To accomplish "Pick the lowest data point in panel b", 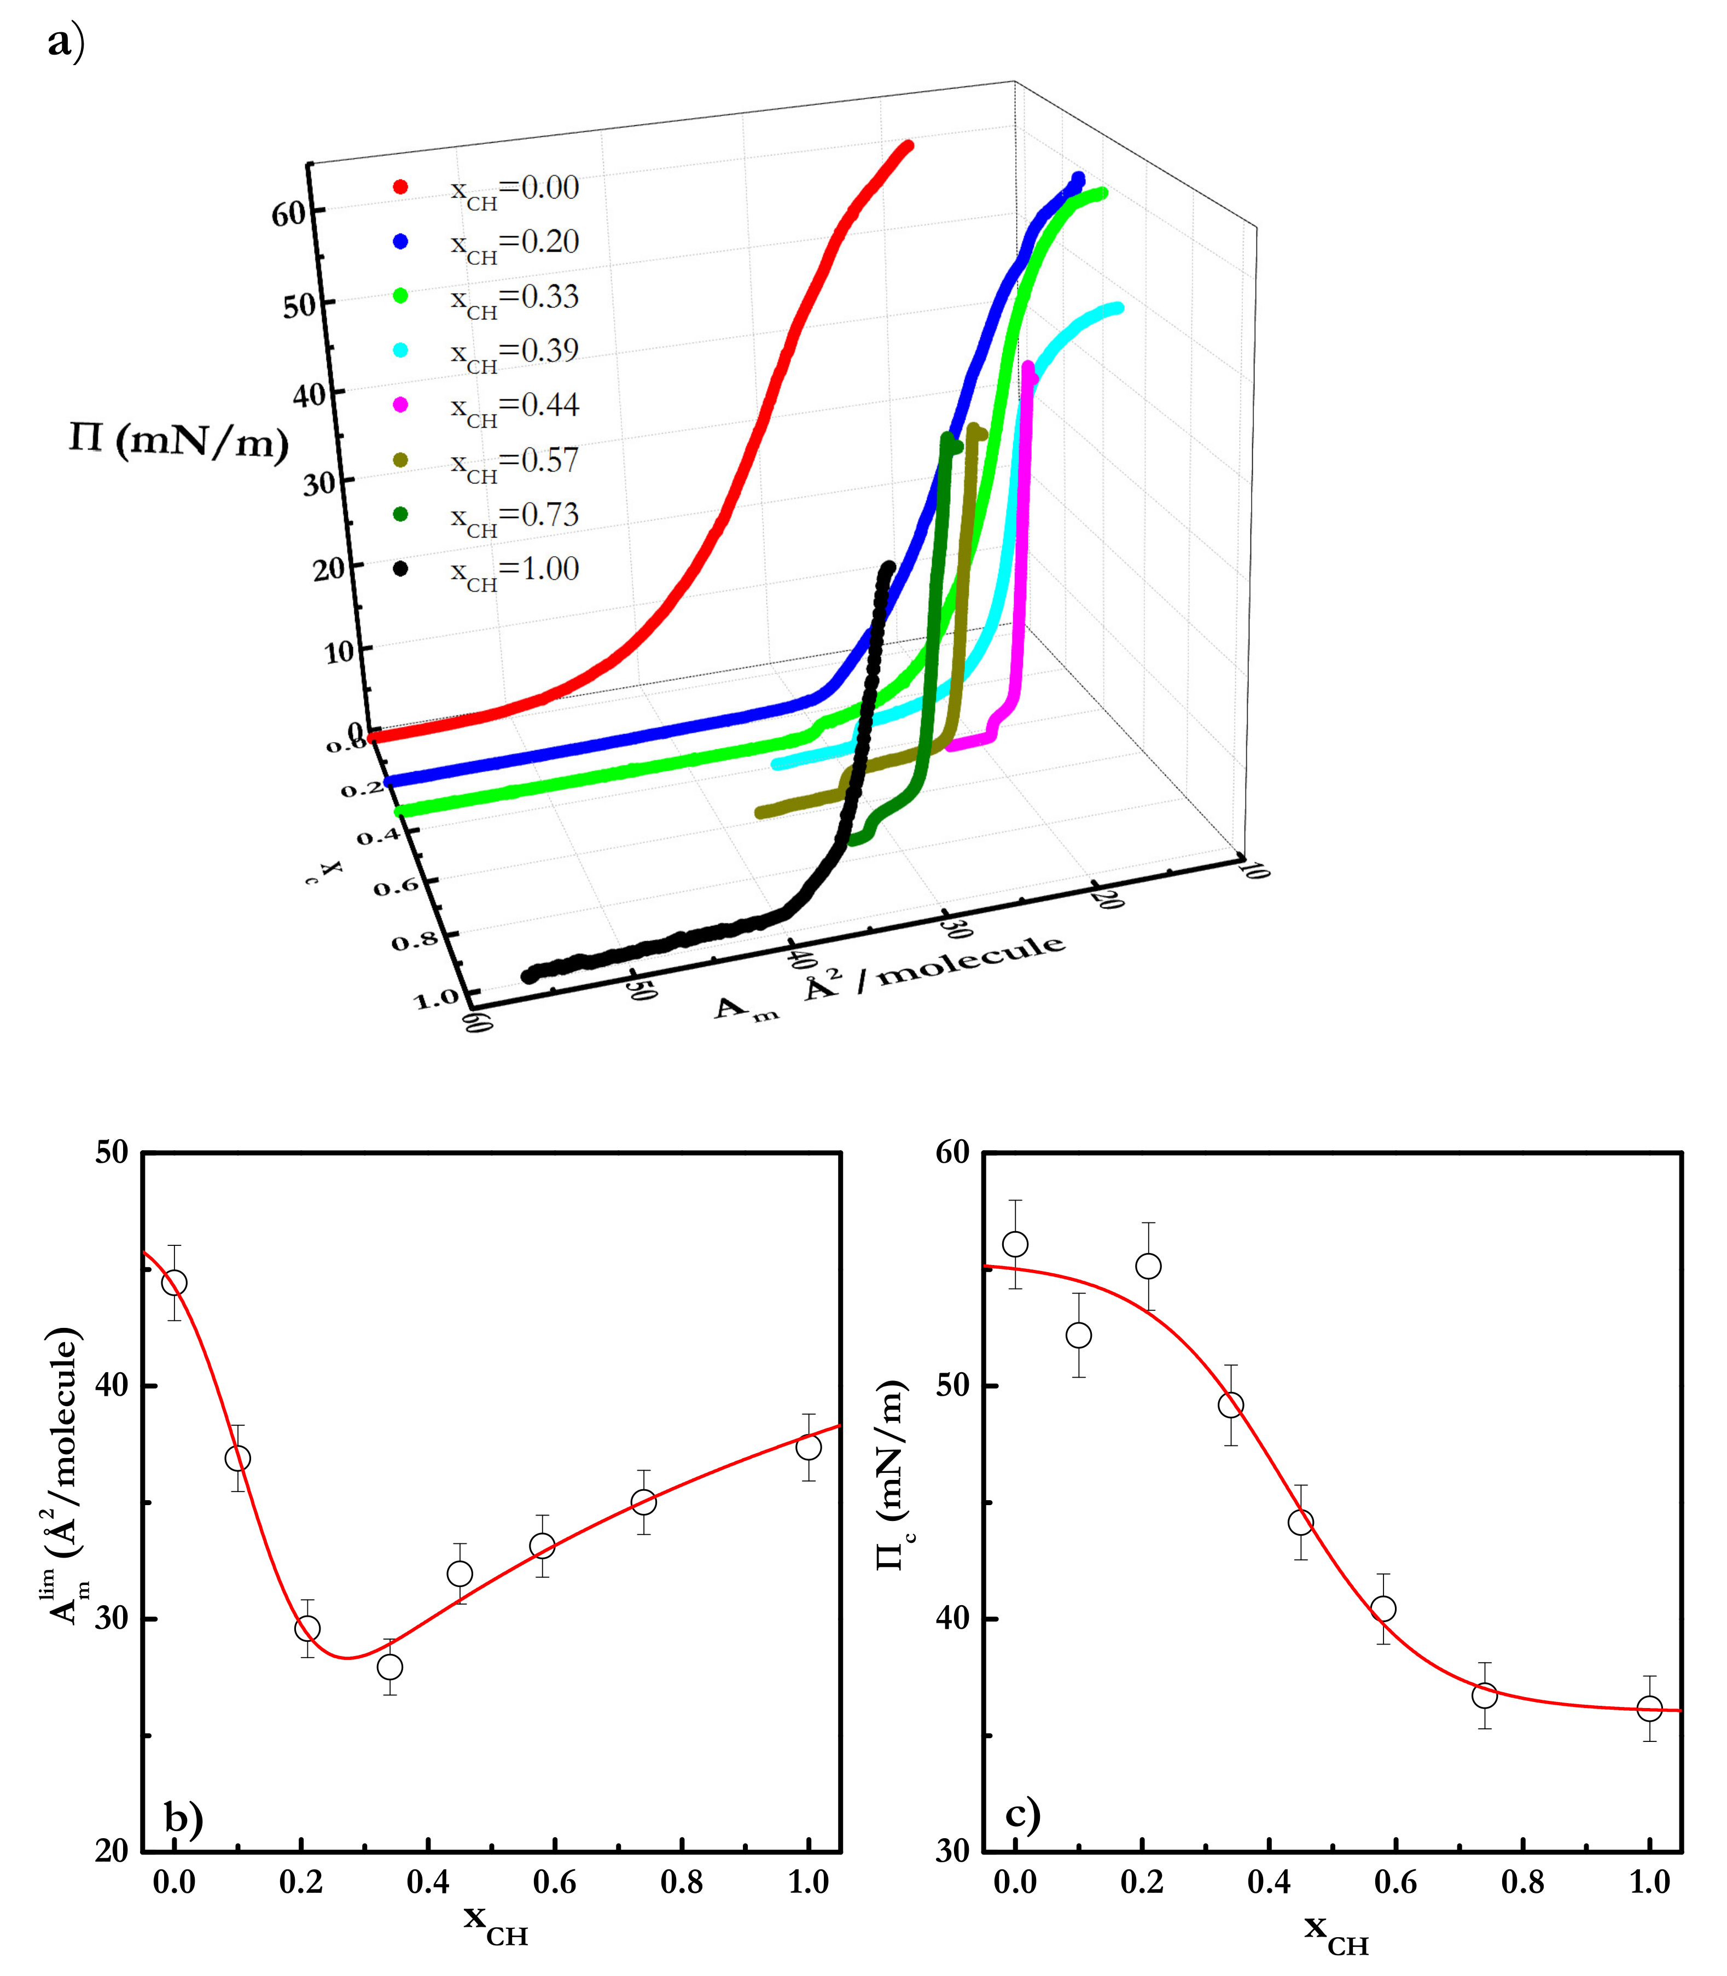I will (x=389, y=1666).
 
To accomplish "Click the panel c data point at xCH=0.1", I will (x=1078, y=1334).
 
